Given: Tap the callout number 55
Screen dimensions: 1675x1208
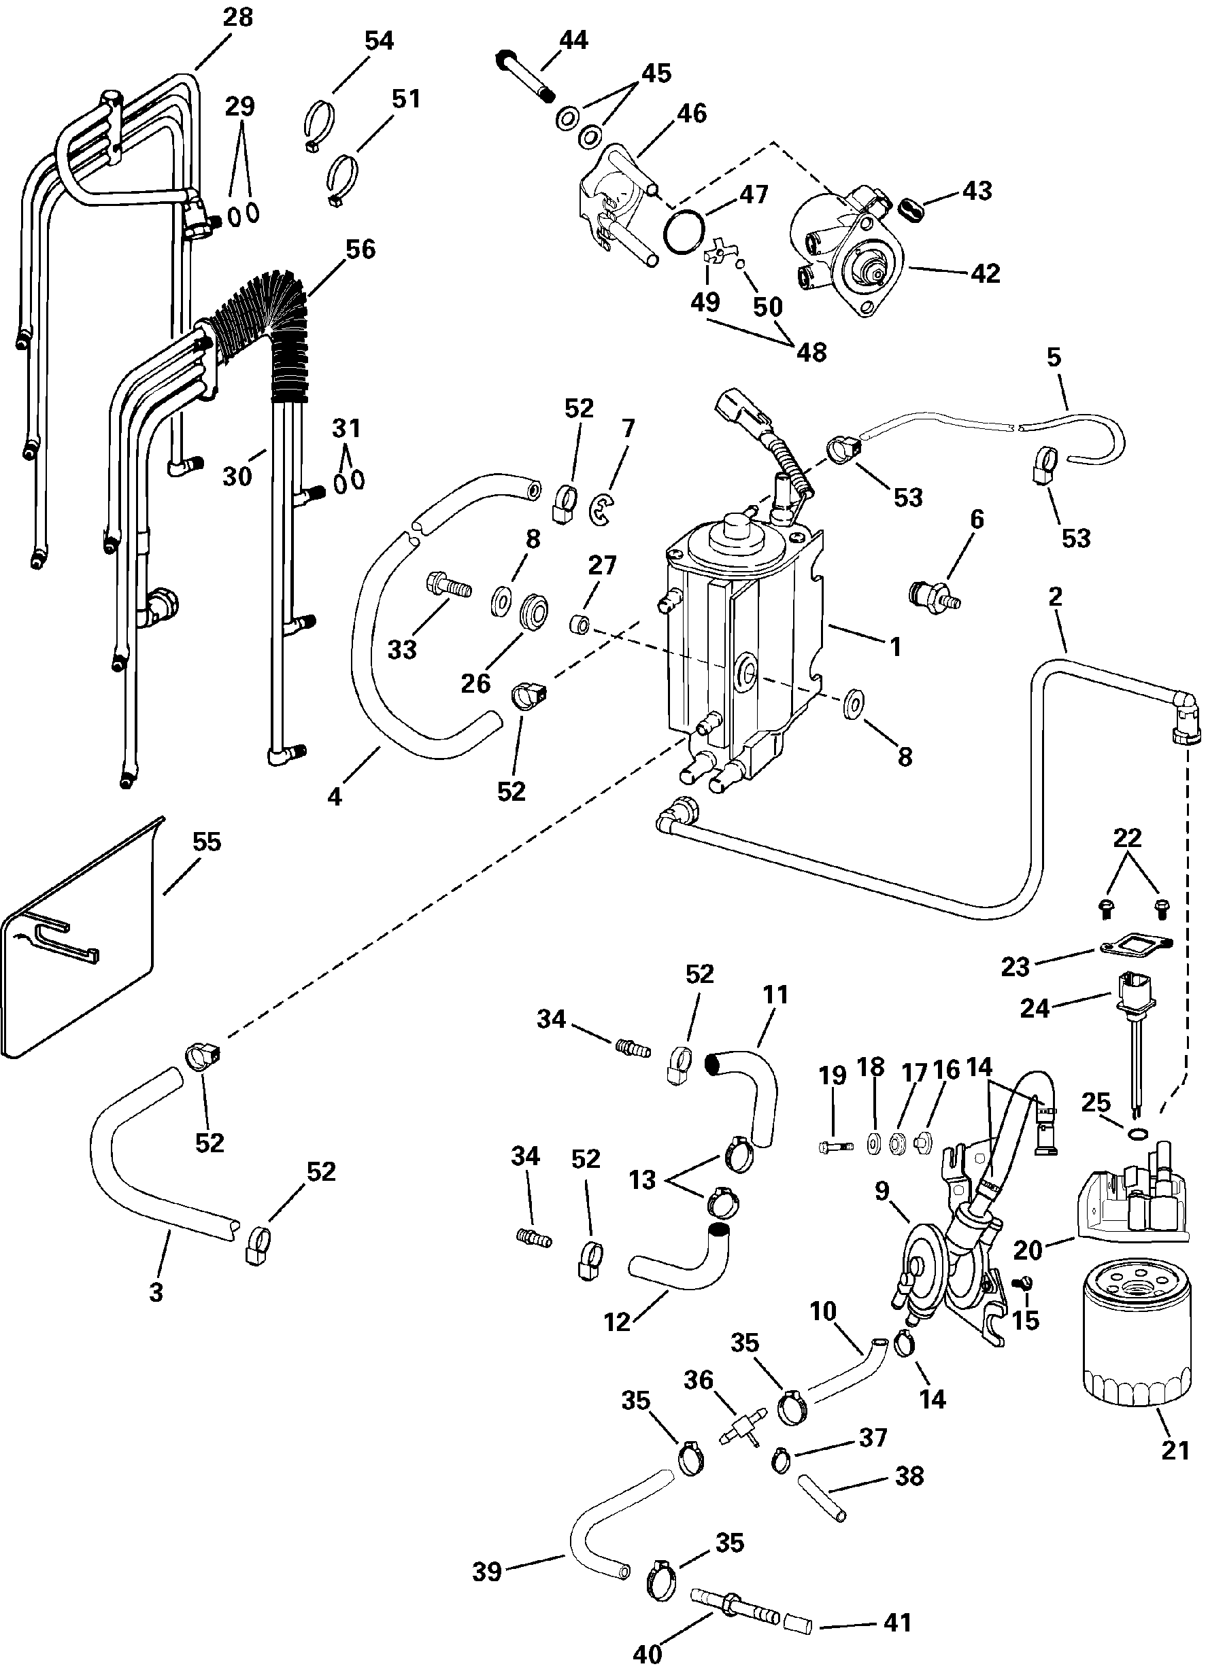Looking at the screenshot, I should click(x=206, y=842).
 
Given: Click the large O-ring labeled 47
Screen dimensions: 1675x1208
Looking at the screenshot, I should click(x=682, y=230).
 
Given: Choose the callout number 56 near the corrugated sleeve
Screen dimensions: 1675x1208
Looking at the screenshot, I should click(x=360, y=249).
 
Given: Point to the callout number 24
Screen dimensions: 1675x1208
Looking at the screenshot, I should click(x=1035, y=1008).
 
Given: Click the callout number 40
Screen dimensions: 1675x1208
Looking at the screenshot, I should click(x=648, y=1655).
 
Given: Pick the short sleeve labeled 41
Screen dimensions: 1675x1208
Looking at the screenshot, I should click(x=798, y=1625).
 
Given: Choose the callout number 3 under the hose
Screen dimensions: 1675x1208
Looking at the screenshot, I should click(x=156, y=1291).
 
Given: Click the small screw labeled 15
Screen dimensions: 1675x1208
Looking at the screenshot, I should click(x=1024, y=1283).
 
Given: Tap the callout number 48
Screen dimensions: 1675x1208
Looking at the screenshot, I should click(x=811, y=352).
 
